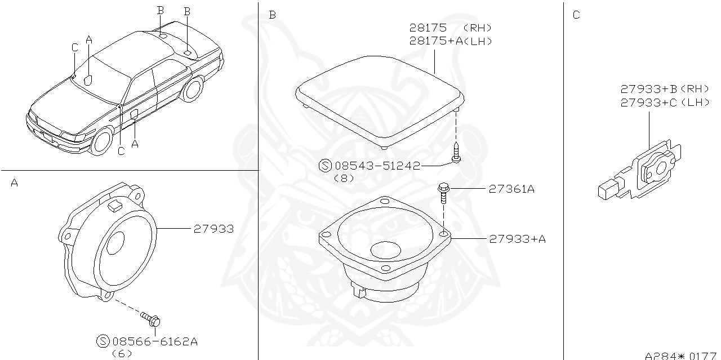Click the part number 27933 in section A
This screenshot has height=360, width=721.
click(x=213, y=229)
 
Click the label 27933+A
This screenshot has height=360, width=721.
click(x=517, y=239)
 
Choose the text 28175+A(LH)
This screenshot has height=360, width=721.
click(x=451, y=41)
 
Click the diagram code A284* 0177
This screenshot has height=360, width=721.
click(x=680, y=355)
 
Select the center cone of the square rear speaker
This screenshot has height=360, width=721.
click(x=386, y=250)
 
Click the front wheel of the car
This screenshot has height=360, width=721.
click(x=101, y=141)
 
